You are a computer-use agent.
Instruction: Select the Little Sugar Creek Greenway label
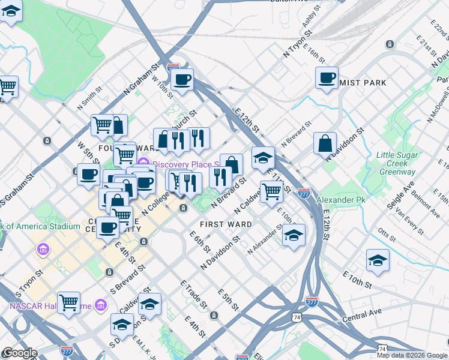click(x=396, y=163)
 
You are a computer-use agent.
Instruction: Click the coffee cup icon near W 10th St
click(x=182, y=80)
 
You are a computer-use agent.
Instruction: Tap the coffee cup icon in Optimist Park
click(x=327, y=77)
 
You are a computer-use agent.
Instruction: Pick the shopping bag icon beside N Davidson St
click(x=325, y=144)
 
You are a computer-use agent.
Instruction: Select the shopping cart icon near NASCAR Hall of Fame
click(x=69, y=303)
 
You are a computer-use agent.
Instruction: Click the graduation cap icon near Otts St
click(x=378, y=261)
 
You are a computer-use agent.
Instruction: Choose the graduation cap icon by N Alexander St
click(x=294, y=235)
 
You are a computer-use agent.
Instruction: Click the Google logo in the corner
click(x=19, y=353)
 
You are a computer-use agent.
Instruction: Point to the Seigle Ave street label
click(x=400, y=197)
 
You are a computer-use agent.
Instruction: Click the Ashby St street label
click(x=309, y=22)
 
